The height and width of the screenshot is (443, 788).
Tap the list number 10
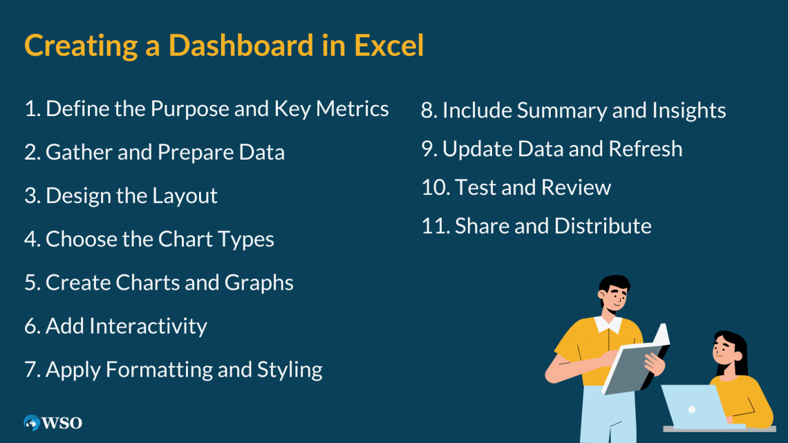(434, 187)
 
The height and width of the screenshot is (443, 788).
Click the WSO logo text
(62, 422)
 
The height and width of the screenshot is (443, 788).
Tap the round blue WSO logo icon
(32, 422)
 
